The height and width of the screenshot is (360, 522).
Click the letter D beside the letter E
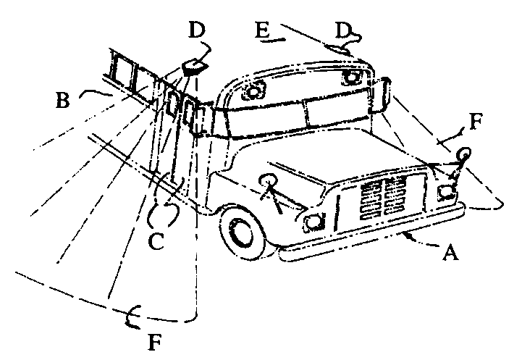pyautogui.click(x=345, y=31)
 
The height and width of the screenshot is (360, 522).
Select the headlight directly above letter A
pyautogui.click(x=446, y=191)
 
